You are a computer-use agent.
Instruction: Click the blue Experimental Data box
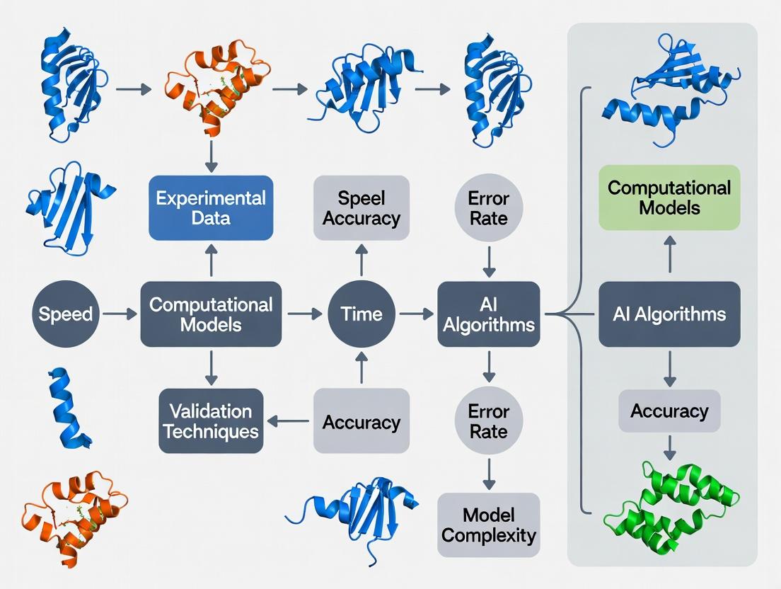211,207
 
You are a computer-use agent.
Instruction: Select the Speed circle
66,314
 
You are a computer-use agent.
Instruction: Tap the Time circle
361,314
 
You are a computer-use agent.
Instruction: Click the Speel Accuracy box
361,207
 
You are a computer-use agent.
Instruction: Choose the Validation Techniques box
211,421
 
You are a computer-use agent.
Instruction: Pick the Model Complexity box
489,525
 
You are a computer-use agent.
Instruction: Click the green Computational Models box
669,198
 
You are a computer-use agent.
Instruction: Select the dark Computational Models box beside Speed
211,314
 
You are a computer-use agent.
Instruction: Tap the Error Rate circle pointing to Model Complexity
489,421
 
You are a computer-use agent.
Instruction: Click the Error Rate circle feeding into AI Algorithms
489,207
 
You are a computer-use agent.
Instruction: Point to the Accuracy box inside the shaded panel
669,411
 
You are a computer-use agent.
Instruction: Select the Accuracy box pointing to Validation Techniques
361,422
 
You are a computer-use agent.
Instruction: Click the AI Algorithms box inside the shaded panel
669,314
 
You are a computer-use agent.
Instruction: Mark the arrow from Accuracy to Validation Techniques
289,422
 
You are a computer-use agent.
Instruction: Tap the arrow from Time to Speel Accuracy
361,260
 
